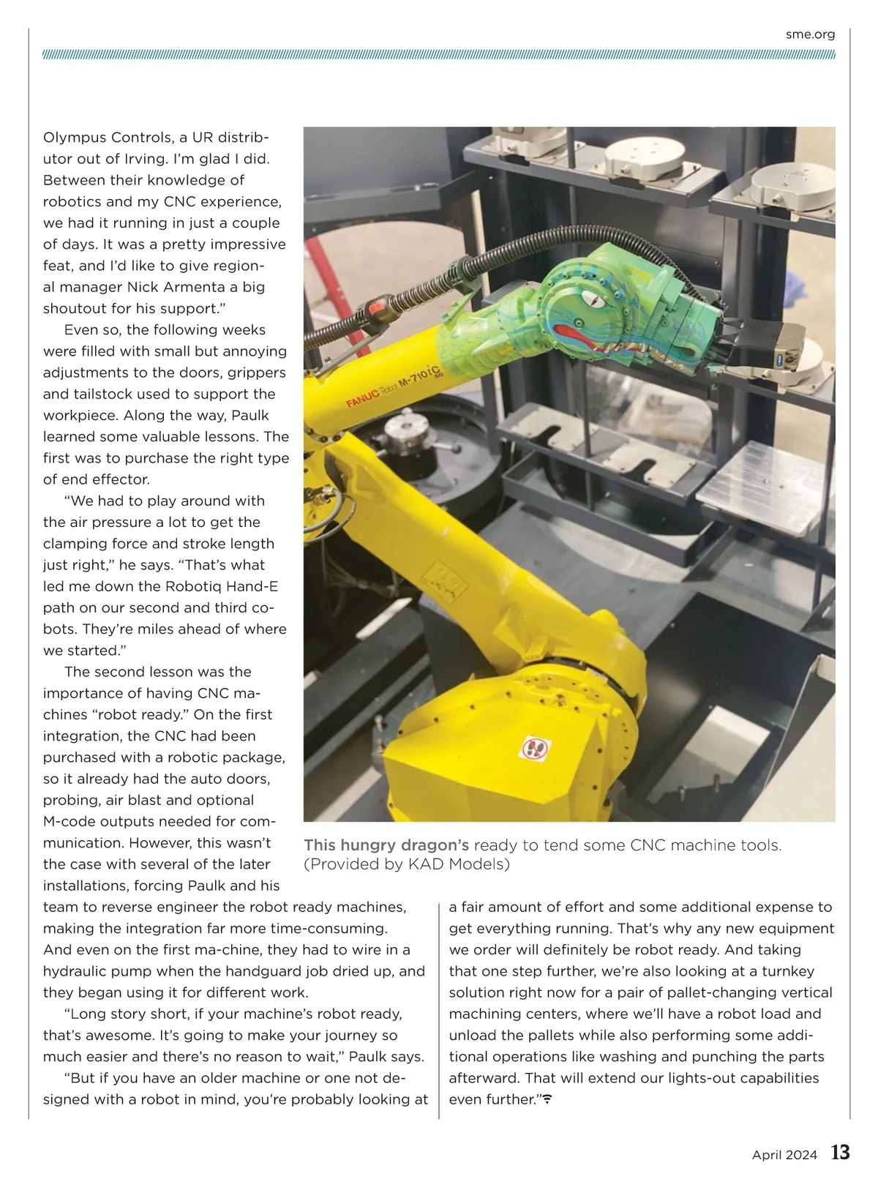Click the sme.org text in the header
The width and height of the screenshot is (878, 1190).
point(810,34)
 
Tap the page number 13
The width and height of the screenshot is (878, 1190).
point(840,1153)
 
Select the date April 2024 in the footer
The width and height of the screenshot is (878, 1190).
point(784,1156)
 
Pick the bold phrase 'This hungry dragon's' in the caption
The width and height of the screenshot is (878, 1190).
point(386,845)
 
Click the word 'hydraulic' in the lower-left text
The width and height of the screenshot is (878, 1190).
point(77,971)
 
